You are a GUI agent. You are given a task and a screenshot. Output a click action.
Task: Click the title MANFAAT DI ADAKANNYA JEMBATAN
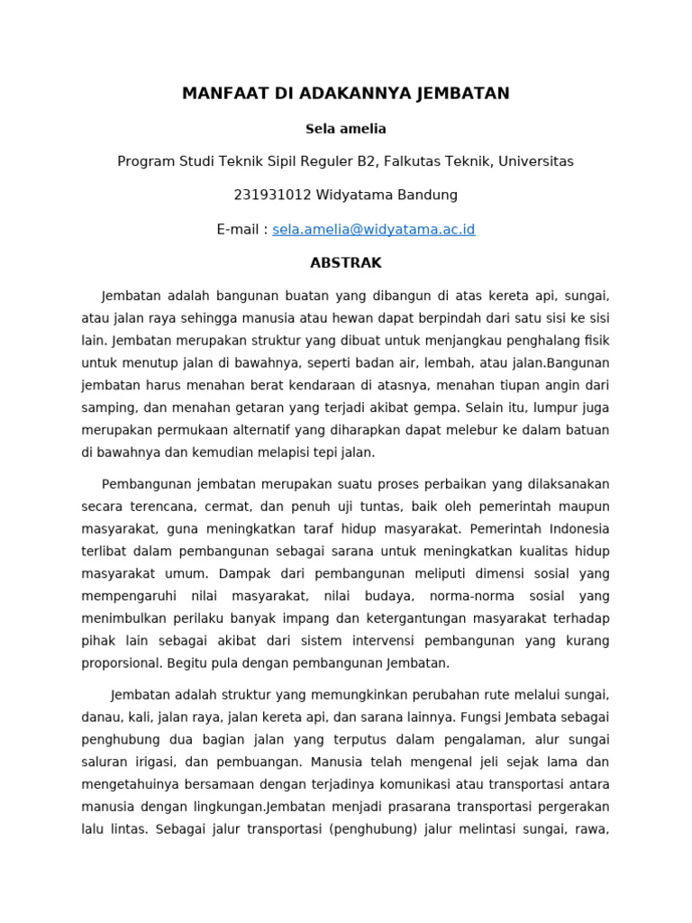point(346,94)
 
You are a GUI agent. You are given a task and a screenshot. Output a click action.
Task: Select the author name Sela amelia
point(346,129)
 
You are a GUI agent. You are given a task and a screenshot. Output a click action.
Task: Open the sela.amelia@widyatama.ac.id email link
point(373,230)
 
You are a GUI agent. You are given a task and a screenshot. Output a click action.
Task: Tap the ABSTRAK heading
point(346,263)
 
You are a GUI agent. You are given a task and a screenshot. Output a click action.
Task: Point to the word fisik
point(595,339)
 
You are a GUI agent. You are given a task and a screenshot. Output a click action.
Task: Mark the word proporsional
point(121,663)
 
